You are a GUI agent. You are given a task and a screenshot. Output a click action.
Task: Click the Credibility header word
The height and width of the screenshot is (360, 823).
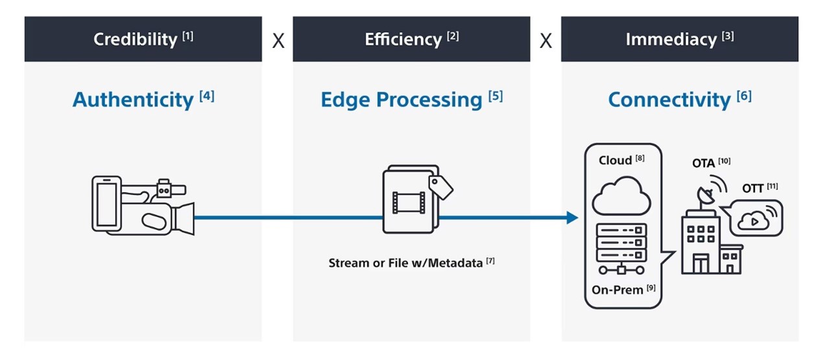(x=135, y=40)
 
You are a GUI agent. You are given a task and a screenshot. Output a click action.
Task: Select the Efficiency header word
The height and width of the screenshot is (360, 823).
(x=403, y=40)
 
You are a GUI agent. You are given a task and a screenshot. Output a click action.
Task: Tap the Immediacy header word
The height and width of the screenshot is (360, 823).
(x=671, y=40)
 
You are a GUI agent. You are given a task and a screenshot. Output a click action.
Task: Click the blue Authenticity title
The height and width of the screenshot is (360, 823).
(x=133, y=99)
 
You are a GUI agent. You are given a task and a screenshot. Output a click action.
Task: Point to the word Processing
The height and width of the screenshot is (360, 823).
(x=429, y=101)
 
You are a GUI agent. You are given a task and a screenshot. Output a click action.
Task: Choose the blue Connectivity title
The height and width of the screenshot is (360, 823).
(x=669, y=99)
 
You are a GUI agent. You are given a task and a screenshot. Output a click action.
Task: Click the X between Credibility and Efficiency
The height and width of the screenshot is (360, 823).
(x=278, y=41)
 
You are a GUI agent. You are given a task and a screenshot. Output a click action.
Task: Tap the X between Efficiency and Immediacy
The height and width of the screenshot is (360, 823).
(x=545, y=41)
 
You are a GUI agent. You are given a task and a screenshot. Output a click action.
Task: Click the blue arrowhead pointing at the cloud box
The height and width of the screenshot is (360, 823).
(x=573, y=217)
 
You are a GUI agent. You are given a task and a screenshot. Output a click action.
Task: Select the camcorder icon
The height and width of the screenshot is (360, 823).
(x=143, y=206)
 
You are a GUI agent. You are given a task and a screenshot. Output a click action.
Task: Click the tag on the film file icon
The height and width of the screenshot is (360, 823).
(x=440, y=187)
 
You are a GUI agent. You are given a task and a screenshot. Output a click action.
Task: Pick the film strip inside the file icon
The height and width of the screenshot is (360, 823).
(x=409, y=202)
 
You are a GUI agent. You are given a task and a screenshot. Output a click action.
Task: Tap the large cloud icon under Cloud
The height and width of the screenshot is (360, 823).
(x=621, y=196)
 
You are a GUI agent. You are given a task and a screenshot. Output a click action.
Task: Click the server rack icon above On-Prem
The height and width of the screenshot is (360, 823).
(x=621, y=248)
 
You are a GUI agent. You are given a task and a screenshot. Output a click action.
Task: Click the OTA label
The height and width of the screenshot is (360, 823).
(x=703, y=163)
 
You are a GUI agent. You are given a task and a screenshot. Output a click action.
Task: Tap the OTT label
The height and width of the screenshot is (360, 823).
(x=753, y=189)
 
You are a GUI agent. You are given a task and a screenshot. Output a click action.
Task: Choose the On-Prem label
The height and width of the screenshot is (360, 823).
(x=617, y=290)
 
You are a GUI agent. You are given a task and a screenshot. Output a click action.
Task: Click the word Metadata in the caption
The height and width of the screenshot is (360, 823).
(x=455, y=263)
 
